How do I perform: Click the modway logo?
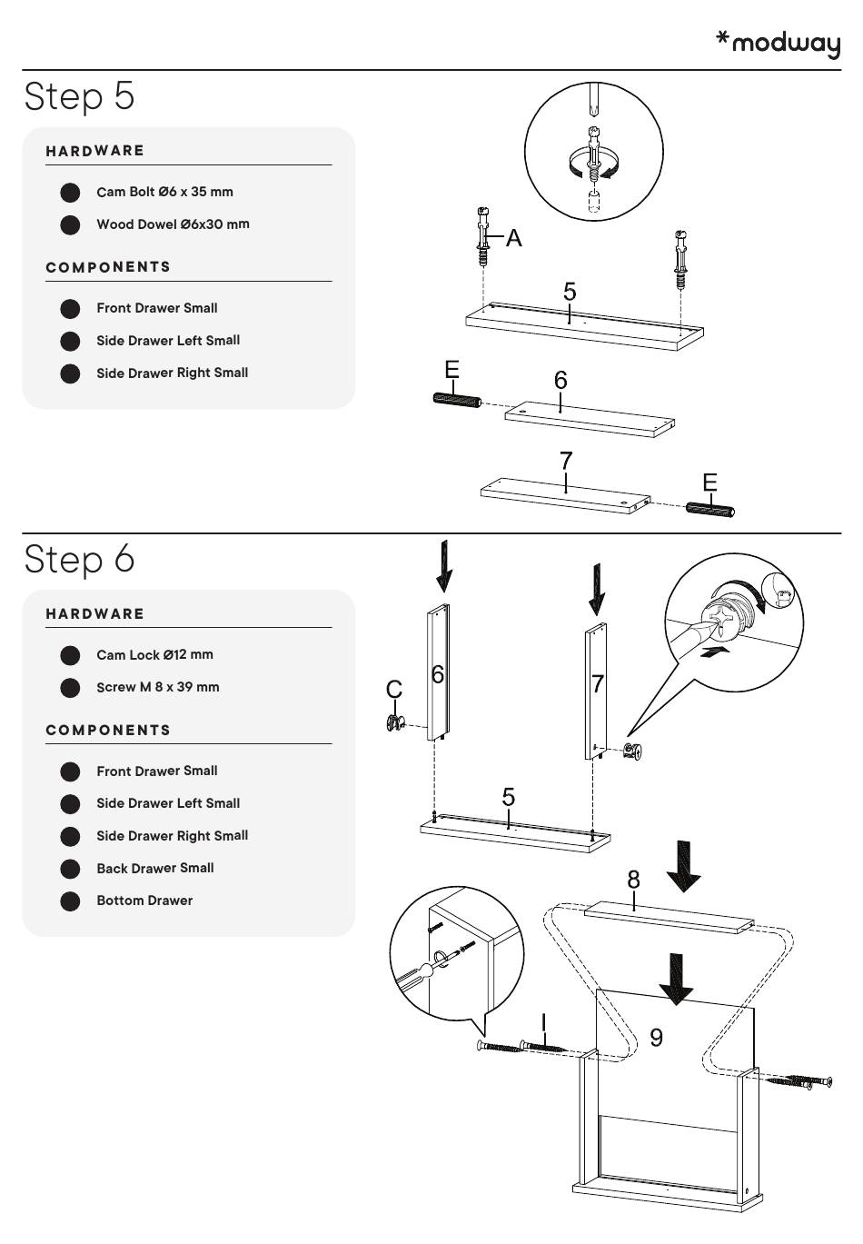point(779,43)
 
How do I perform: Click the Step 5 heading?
point(80,95)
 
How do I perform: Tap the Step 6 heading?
point(80,558)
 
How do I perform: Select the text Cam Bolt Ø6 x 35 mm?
point(164,192)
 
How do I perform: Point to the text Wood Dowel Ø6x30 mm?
point(173,224)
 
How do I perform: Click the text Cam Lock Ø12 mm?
point(154,654)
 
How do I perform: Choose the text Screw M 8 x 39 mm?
point(158,687)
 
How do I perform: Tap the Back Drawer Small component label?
point(155,868)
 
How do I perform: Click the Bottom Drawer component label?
point(144,901)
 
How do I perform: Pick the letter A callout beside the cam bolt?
point(514,238)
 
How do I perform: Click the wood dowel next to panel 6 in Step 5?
point(455,401)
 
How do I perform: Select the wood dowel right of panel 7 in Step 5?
point(709,509)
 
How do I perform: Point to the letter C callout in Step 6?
point(394,690)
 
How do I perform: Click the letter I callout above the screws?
point(543,1022)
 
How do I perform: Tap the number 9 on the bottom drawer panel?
point(657,1037)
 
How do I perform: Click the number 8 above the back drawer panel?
point(633,880)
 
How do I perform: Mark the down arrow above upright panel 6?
point(443,566)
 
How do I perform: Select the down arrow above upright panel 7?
point(597,589)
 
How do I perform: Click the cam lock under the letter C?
point(395,722)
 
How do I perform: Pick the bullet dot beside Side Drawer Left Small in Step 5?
point(70,342)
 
